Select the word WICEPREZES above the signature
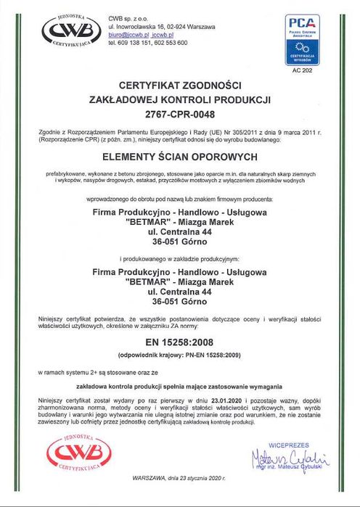(288, 445)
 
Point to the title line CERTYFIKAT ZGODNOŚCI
(179, 86)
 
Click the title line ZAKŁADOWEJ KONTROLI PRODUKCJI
(179, 100)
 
